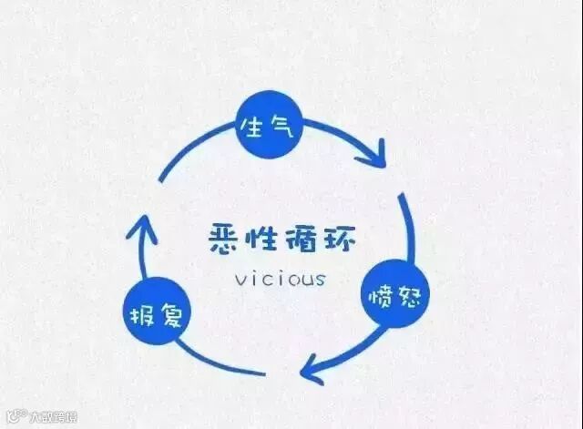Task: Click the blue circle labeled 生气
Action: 267,127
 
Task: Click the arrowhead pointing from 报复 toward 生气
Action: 140,229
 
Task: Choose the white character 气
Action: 281,127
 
